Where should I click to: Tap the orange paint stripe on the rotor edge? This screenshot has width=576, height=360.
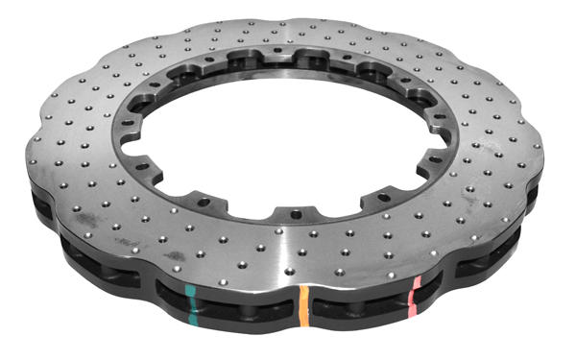[x=304, y=306]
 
